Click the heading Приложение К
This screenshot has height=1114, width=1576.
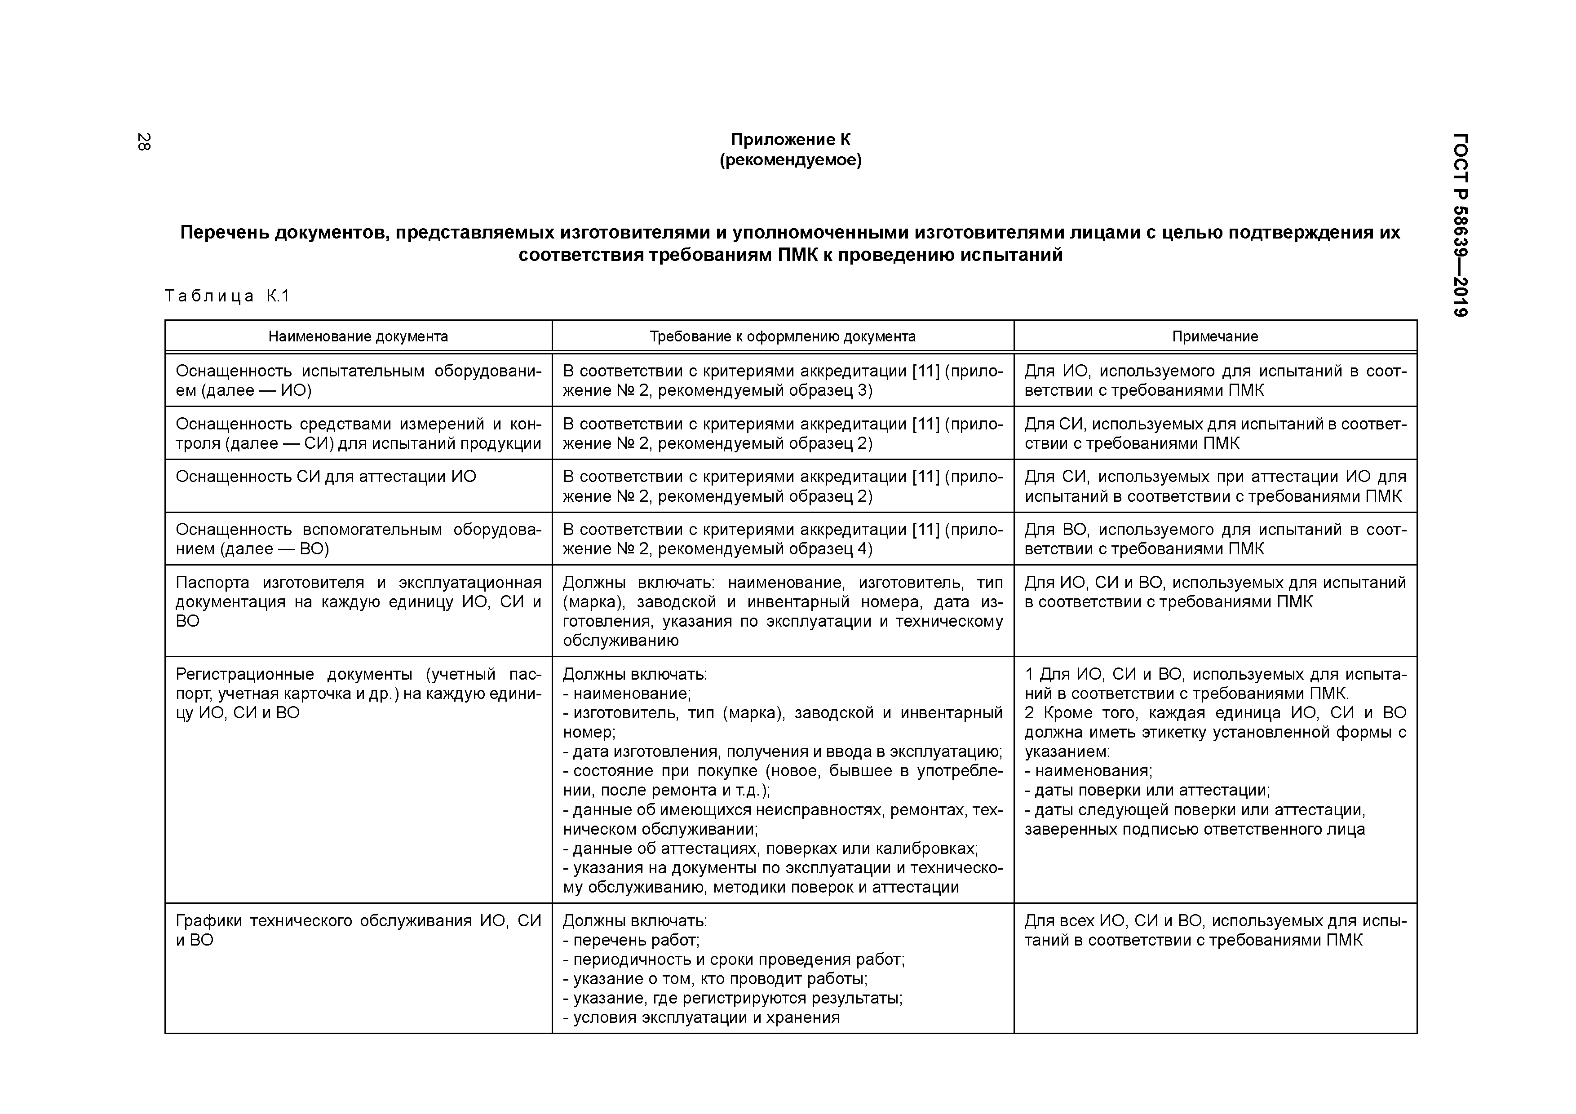(x=790, y=139)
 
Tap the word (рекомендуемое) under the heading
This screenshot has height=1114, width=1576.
(x=790, y=160)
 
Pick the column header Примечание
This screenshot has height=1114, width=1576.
(x=1214, y=336)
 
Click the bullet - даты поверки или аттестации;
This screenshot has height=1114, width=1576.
(x=1147, y=790)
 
